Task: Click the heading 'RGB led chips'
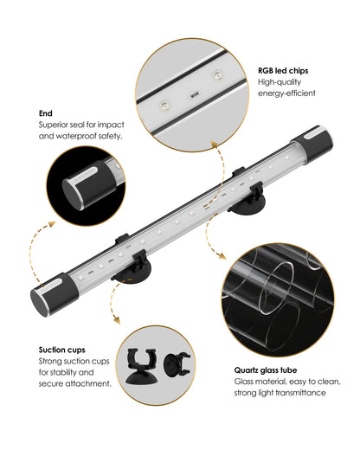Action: pos(283,71)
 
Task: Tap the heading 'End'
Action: pos(46,113)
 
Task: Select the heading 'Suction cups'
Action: pos(62,350)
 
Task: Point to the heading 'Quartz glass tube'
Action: pos(266,370)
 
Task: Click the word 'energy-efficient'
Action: pos(286,93)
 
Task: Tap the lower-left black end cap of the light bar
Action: pos(55,294)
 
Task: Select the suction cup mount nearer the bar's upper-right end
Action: pos(247,199)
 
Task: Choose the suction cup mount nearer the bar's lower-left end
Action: pos(133,268)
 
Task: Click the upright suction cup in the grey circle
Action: pos(141,366)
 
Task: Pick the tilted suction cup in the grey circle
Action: pos(177,364)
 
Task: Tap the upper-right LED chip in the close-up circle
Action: pos(217,75)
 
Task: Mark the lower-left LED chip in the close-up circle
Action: pos(165,106)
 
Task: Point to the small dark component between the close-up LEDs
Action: pos(195,95)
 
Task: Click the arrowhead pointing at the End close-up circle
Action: pos(52,224)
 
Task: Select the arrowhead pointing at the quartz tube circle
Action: pos(222,256)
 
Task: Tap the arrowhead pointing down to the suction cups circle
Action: pos(116,320)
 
